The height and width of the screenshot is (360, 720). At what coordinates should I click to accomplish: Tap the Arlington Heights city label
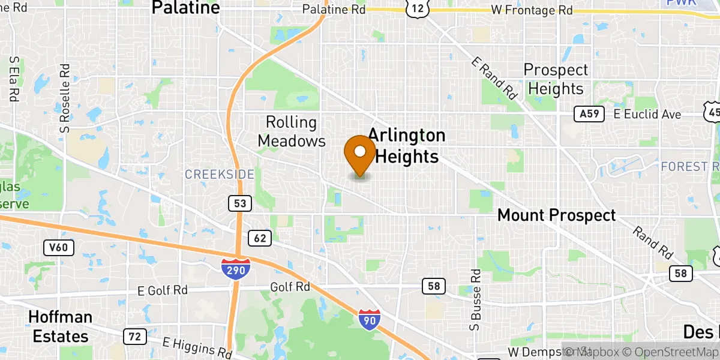[406, 146]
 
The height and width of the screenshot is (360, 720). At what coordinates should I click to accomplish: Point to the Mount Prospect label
[556, 215]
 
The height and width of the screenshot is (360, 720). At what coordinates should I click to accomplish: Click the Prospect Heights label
[556, 79]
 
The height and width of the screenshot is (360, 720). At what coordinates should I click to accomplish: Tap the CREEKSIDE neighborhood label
[219, 175]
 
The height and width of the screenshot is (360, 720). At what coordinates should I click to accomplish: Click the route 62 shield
[260, 238]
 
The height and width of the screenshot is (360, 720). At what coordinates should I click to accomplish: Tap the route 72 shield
[134, 337]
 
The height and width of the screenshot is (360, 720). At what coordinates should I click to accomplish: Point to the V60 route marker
[59, 247]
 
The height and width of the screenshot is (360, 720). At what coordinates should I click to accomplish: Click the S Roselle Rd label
[65, 98]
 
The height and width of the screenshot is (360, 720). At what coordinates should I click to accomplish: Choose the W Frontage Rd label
[531, 10]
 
